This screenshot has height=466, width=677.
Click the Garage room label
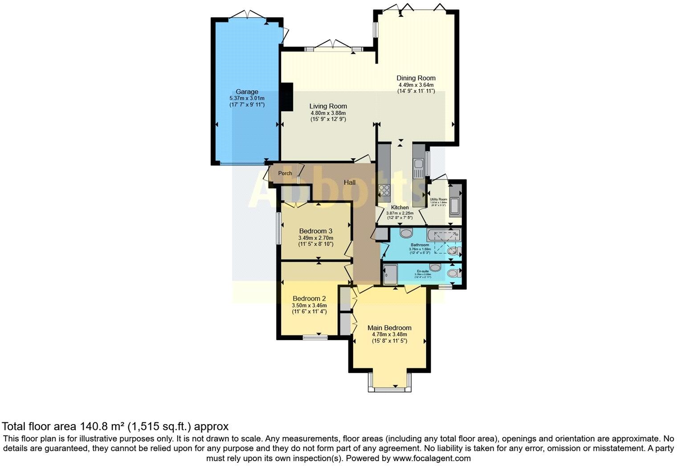(247, 92)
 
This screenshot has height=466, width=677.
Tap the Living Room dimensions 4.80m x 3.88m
(328, 113)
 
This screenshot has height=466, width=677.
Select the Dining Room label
(416, 78)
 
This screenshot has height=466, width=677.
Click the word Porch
(285, 173)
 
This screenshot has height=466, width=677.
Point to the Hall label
(350, 182)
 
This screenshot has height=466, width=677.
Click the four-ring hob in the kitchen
(384, 191)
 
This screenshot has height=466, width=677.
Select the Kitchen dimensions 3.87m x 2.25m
(400, 213)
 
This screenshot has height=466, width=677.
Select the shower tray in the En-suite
(390, 274)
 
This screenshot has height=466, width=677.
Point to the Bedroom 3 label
(315, 231)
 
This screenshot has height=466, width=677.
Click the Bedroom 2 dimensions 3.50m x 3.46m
(309, 305)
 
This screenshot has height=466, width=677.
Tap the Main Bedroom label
(389, 328)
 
